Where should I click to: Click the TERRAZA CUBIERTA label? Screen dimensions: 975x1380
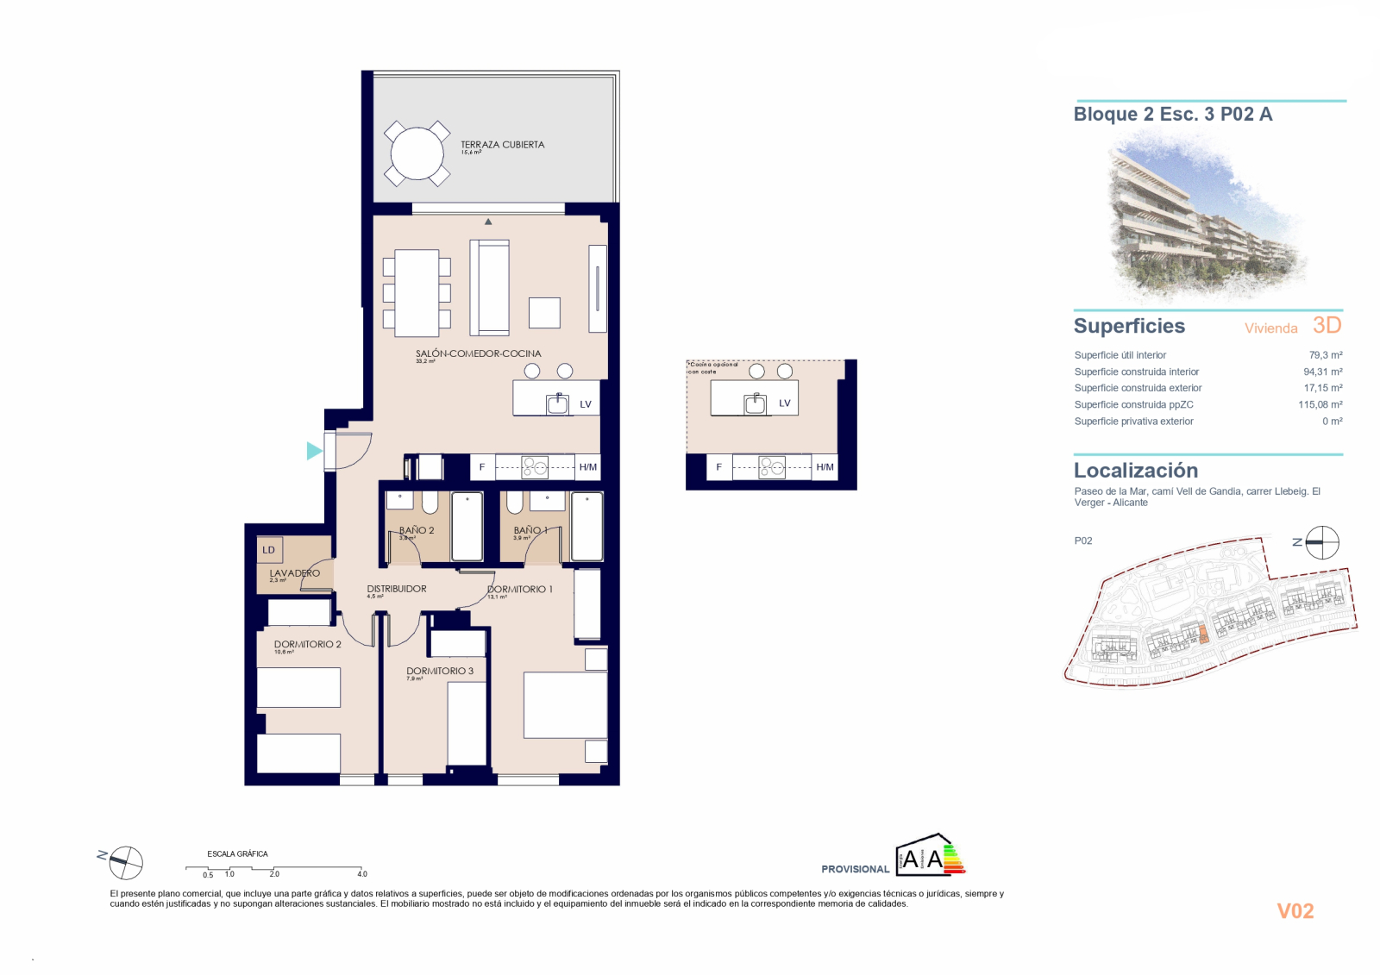point(502,145)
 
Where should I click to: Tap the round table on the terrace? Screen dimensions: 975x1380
point(417,153)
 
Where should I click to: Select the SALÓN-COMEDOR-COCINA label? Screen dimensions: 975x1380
point(478,353)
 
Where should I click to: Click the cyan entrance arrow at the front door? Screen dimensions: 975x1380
point(314,450)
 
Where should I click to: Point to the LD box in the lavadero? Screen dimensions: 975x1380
point(269,550)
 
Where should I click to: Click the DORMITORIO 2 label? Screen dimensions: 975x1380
point(307,644)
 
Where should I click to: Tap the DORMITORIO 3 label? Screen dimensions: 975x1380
point(440,671)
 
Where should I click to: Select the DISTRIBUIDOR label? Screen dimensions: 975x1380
point(397,589)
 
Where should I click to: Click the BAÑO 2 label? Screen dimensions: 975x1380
point(417,530)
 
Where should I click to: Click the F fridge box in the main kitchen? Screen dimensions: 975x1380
point(482,467)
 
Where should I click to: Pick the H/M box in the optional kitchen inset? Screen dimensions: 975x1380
point(825,467)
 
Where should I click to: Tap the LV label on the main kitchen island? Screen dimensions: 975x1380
point(586,404)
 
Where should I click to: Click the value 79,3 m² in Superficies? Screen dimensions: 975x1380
point(1325,355)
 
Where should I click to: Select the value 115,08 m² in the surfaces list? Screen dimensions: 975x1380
point(1320,404)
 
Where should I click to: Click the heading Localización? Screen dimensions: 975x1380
point(1135,471)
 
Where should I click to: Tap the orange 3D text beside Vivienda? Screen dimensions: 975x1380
point(1327,325)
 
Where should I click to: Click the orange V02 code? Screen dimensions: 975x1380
point(1295,911)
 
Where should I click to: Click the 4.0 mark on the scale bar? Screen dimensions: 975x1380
point(362,873)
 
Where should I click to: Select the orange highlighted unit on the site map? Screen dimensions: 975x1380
point(1204,636)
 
